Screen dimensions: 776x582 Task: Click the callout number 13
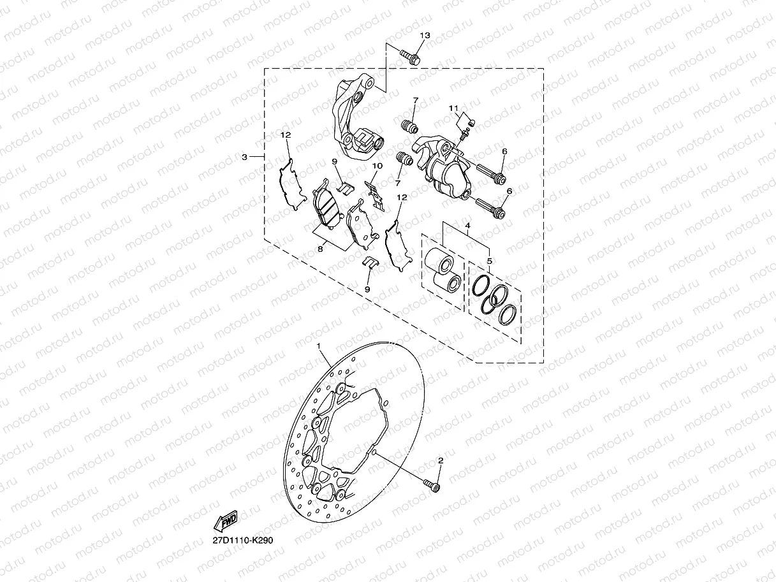tap(425, 35)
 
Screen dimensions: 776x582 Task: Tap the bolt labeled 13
tap(410, 57)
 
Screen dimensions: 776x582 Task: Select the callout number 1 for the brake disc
tap(319, 346)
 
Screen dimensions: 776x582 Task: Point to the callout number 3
tap(244, 157)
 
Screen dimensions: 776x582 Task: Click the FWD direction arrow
tap(226, 521)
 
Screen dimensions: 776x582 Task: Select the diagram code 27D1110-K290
tap(243, 541)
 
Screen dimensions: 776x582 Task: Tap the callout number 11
tap(453, 108)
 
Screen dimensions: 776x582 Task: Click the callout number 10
tap(377, 166)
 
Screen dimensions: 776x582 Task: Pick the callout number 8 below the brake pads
tap(320, 249)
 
